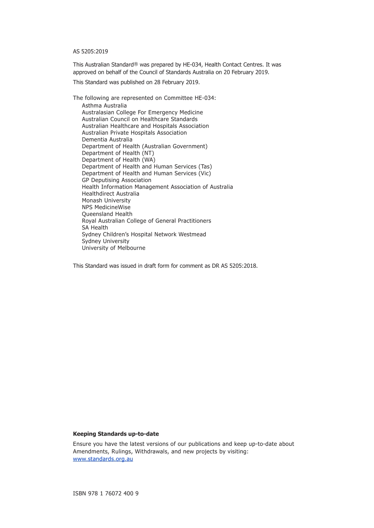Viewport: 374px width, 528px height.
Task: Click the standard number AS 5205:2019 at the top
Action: (x=90, y=52)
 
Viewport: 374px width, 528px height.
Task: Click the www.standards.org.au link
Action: (x=103, y=459)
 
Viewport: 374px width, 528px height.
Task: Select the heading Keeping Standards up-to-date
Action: (x=116, y=434)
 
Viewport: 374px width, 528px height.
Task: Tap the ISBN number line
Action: (x=106, y=493)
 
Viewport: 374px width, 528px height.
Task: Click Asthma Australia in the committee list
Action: (x=104, y=105)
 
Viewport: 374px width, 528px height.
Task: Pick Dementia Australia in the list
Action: (x=107, y=140)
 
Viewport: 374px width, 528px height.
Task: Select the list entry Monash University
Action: (x=106, y=201)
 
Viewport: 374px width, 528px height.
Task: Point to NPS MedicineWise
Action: (x=106, y=207)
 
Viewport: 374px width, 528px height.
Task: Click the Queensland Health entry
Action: (x=107, y=214)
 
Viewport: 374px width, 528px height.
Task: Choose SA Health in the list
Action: (x=95, y=228)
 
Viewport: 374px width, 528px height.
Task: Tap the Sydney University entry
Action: (x=106, y=241)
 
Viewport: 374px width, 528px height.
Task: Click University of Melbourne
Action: (x=113, y=248)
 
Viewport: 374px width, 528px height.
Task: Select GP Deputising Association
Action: (x=117, y=180)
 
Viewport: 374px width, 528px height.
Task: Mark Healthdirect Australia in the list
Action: (x=111, y=194)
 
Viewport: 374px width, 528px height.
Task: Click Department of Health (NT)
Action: (x=118, y=153)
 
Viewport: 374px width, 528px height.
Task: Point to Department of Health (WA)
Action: (x=118, y=160)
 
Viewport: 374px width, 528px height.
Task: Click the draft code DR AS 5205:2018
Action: (x=234, y=266)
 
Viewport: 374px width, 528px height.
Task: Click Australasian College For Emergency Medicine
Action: (x=143, y=112)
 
